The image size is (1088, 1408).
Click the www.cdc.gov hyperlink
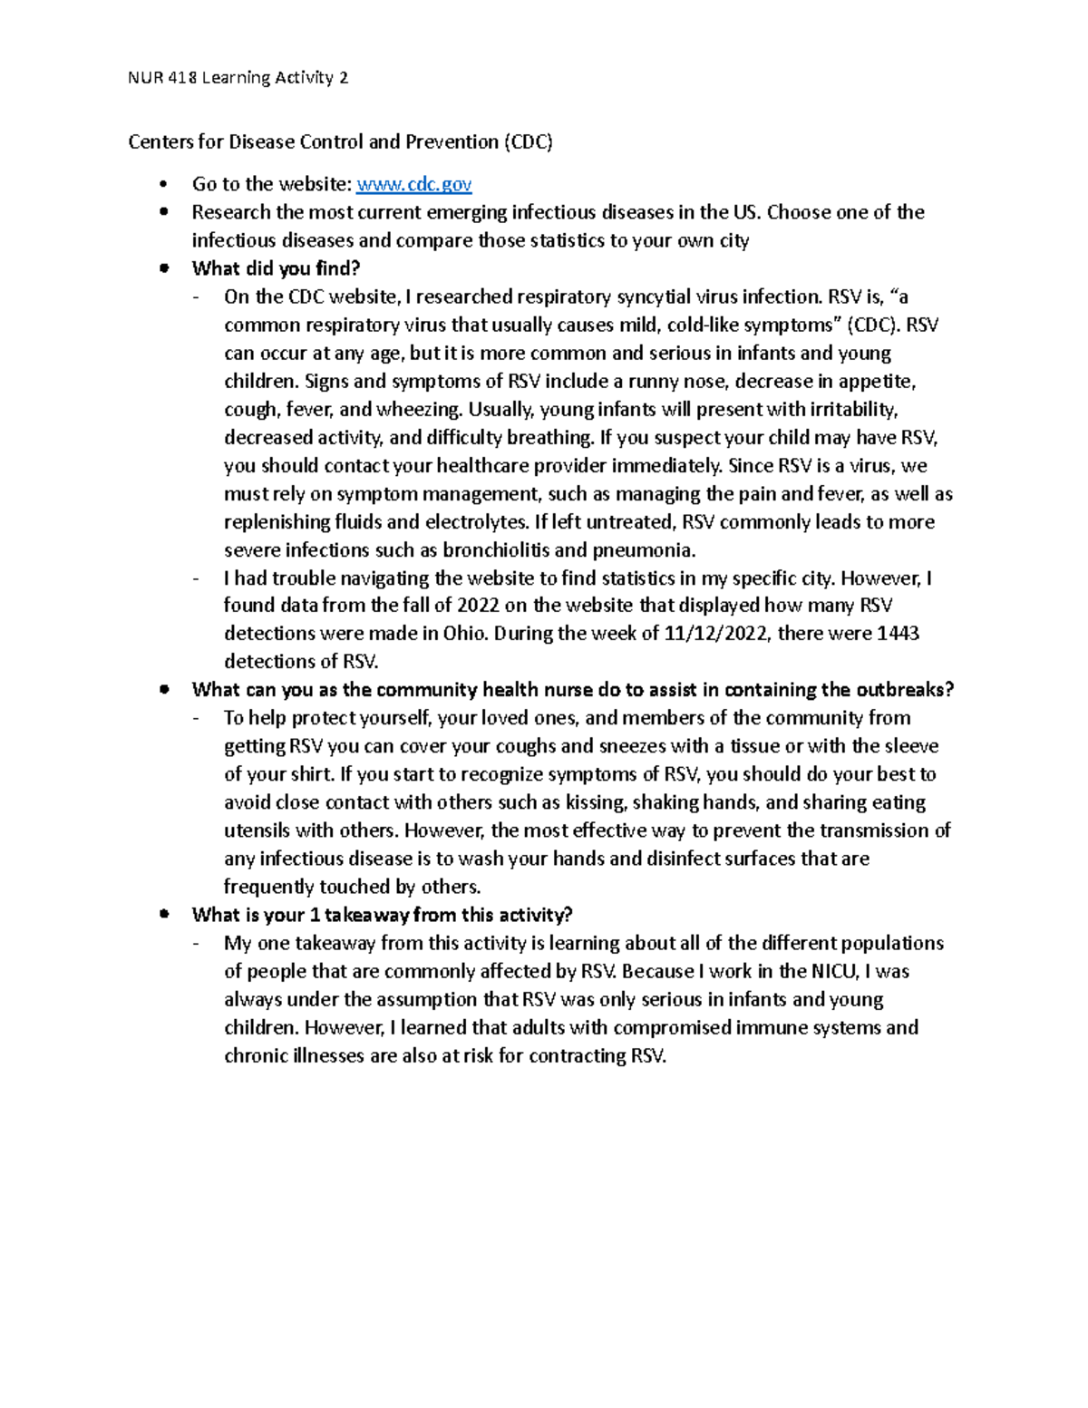[x=414, y=184]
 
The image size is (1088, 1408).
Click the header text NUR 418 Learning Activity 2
[x=238, y=78]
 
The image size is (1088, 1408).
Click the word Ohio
[x=464, y=634]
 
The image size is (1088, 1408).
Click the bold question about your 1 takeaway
[x=382, y=915]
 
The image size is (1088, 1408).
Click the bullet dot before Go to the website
[x=163, y=185]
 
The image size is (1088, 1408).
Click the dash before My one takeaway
[x=198, y=944]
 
